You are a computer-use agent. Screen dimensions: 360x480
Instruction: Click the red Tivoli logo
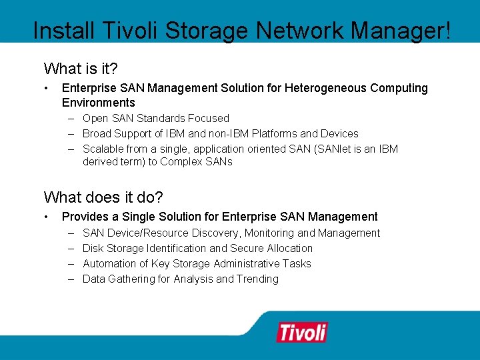[x=302, y=331]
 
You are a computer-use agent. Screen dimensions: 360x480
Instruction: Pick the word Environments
[x=98, y=103]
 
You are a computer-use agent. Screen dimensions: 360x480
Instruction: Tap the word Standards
[x=161, y=119]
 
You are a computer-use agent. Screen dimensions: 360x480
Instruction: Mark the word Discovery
[x=216, y=233]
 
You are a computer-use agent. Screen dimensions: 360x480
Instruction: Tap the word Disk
[x=93, y=249]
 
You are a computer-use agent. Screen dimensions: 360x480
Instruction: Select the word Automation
[x=109, y=264]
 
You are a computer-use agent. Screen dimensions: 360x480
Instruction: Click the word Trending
[x=257, y=279]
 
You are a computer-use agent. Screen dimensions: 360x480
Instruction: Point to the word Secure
[x=247, y=249]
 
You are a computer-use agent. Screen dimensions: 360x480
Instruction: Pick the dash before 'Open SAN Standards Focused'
[x=70, y=119]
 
